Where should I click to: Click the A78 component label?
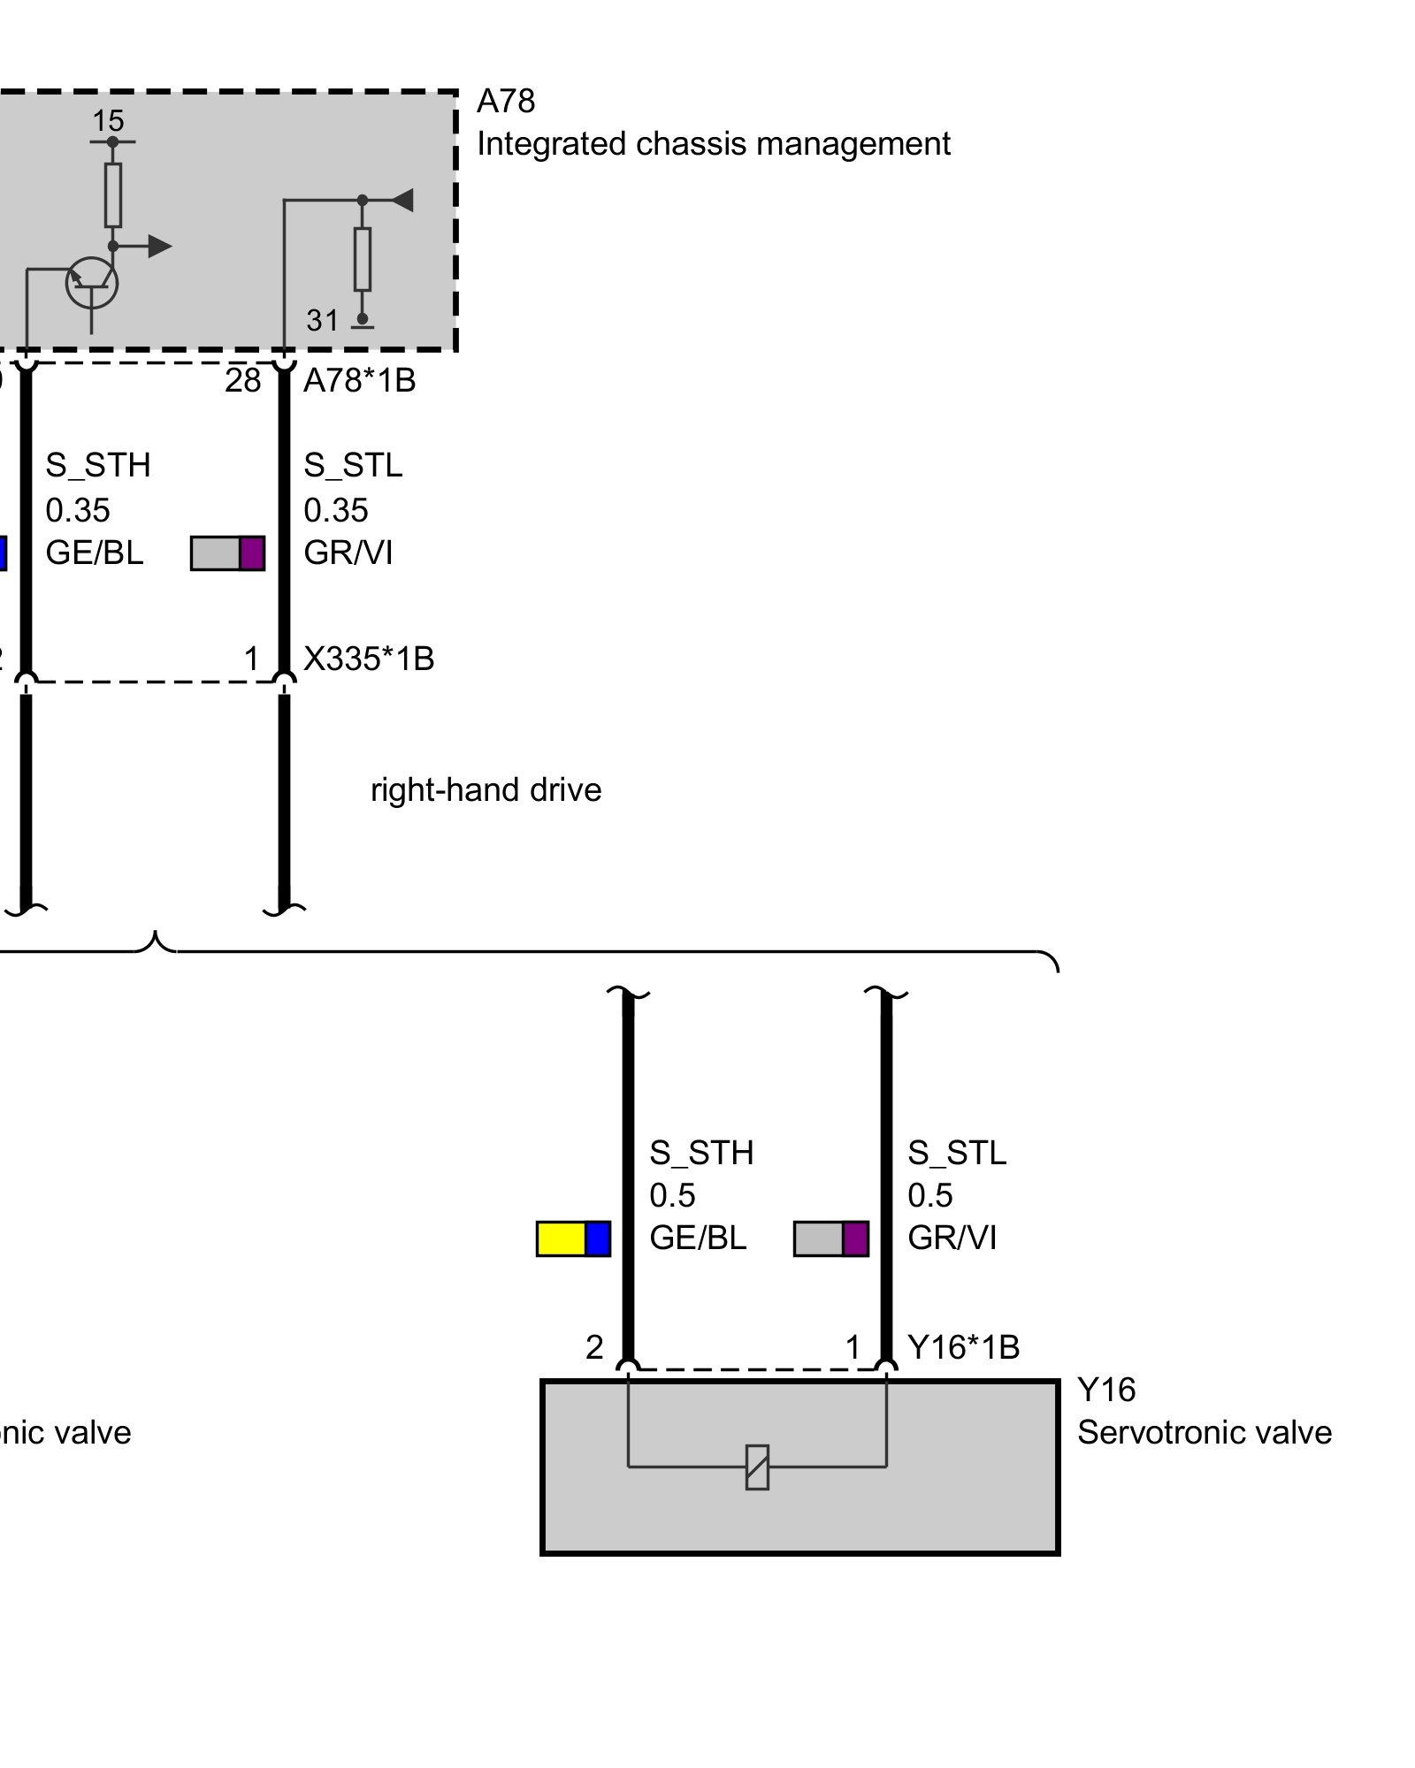[505, 102]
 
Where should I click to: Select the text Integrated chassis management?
[713, 144]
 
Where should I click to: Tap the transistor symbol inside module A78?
[92, 283]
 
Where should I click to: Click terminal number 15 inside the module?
[109, 121]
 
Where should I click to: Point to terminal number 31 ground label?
[323, 320]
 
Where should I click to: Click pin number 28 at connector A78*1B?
[242, 381]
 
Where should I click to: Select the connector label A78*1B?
[359, 381]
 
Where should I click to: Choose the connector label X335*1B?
[369, 659]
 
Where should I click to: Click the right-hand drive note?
[486, 789]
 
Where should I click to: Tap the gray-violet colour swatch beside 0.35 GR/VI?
[228, 553]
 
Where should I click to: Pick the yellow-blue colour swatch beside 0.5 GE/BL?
[573, 1238]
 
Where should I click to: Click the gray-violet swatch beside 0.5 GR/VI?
[831, 1238]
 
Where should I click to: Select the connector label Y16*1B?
[963, 1347]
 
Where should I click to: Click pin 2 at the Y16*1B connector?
[594, 1347]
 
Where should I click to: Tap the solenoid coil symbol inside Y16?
[757, 1467]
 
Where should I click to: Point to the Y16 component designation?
[1105, 1391]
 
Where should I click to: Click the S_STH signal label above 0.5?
[701, 1153]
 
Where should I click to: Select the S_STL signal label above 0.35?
[353, 465]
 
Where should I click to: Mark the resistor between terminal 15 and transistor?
[113, 194]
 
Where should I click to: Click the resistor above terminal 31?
[363, 259]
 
